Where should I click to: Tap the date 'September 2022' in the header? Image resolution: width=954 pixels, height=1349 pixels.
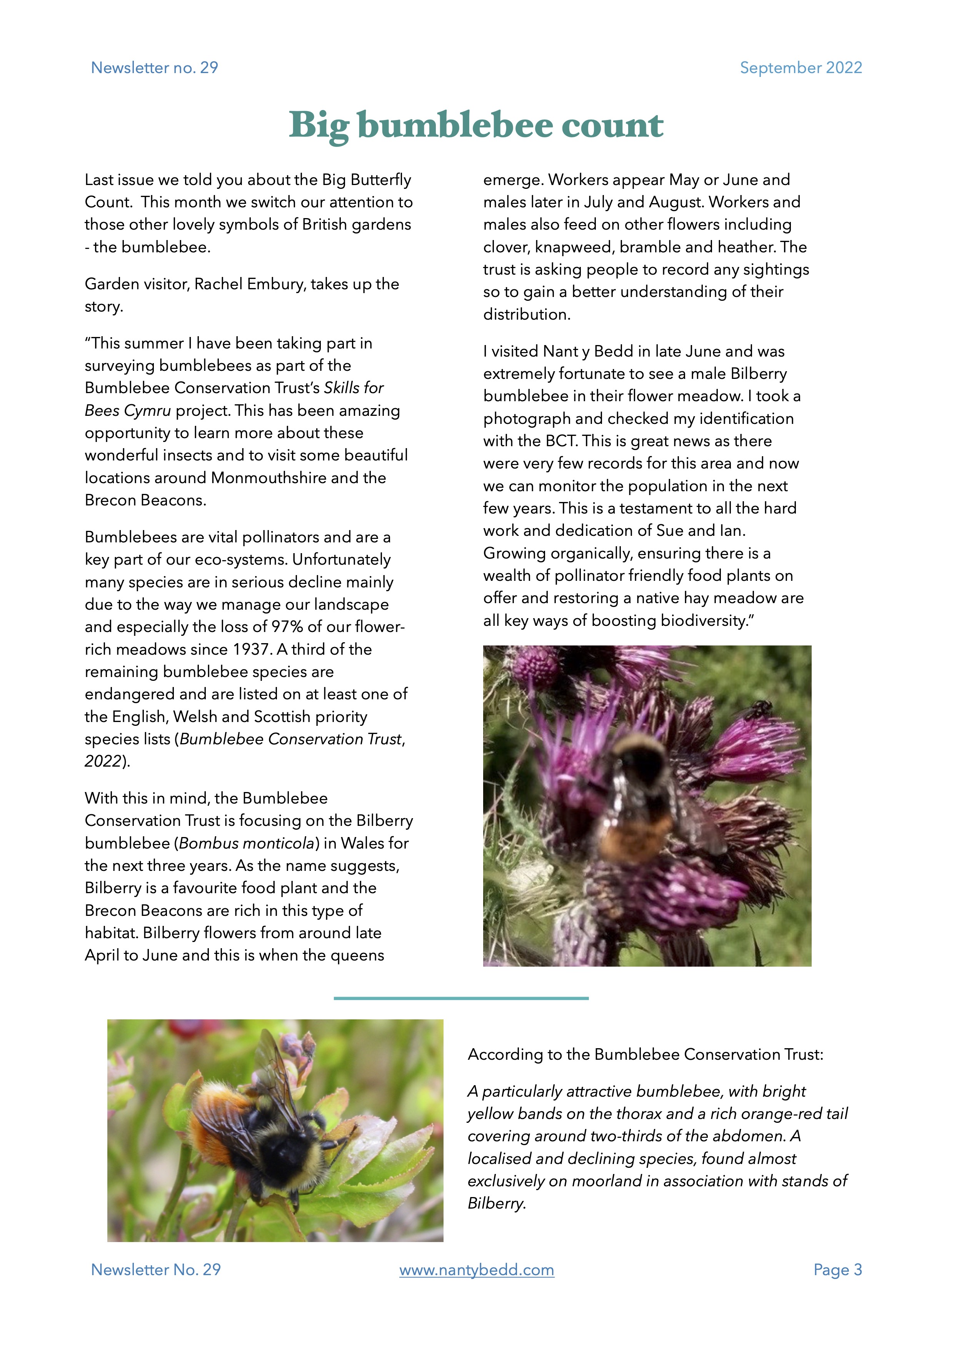(x=801, y=68)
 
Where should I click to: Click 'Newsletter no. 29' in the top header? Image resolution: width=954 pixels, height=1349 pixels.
(x=155, y=68)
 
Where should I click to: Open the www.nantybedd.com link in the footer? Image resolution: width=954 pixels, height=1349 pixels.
(x=476, y=1270)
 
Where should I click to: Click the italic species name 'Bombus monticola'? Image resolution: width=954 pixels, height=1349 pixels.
(x=247, y=843)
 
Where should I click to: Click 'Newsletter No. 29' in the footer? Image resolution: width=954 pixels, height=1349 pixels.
(x=156, y=1270)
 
